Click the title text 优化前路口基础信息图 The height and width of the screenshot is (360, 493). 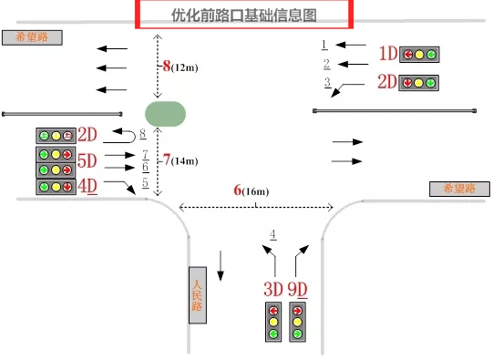(x=243, y=14)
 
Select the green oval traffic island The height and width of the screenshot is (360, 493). (x=165, y=113)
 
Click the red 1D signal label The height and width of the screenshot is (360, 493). (x=388, y=54)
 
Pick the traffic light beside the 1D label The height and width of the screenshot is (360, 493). (x=419, y=54)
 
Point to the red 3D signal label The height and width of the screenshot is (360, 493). (x=273, y=289)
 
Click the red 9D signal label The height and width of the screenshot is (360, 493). (x=297, y=289)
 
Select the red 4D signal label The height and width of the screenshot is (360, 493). (x=87, y=187)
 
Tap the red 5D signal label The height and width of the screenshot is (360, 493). (x=87, y=161)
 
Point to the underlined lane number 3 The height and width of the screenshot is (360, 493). (x=327, y=83)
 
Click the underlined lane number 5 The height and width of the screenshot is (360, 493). (x=145, y=183)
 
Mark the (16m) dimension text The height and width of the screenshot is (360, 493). (x=256, y=191)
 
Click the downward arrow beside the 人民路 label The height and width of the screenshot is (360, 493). (x=221, y=264)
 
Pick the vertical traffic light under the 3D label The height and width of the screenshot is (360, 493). (x=273, y=322)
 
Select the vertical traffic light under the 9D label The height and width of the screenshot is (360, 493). (x=297, y=322)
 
